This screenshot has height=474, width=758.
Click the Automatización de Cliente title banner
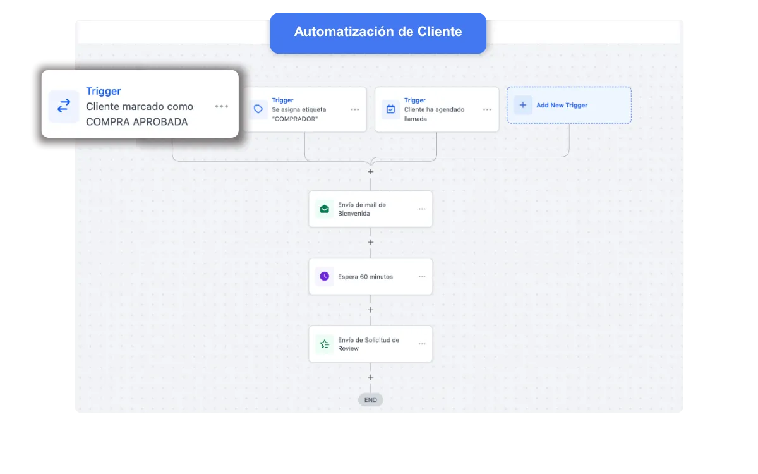click(378, 33)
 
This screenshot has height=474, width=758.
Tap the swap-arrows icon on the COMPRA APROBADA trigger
click(64, 106)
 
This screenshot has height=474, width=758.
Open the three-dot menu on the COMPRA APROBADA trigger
click(222, 106)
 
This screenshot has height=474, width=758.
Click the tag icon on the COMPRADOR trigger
click(258, 109)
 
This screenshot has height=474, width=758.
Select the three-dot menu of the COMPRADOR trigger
click(354, 109)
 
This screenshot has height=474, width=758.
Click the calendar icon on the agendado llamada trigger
click(390, 109)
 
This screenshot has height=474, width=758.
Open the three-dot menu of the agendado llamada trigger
click(487, 109)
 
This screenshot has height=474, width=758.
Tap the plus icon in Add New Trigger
click(523, 105)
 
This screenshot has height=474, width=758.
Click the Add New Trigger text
click(562, 105)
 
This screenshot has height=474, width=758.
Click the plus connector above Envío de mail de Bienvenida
click(371, 172)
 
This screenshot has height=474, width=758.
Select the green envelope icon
click(324, 209)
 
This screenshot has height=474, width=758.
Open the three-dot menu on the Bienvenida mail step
click(422, 209)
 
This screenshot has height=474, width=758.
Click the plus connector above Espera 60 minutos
click(371, 243)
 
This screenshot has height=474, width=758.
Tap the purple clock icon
click(324, 276)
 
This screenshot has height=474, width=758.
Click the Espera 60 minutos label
click(365, 277)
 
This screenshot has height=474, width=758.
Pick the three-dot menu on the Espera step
click(422, 277)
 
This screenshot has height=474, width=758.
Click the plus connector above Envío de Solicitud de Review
click(371, 310)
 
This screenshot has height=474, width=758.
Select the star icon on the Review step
click(324, 344)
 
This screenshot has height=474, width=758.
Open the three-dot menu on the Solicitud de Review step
click(422, 344)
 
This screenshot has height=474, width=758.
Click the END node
click(371, 400)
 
